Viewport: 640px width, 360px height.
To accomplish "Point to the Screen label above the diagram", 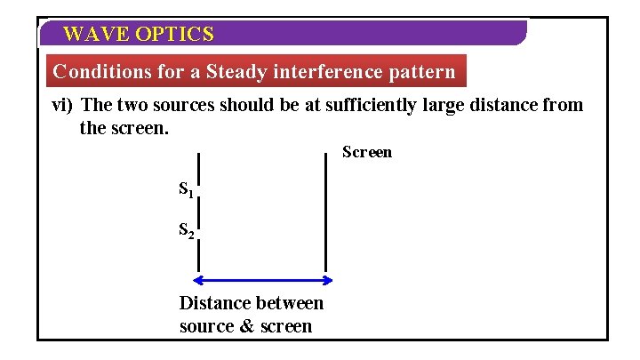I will [x=367, y=152].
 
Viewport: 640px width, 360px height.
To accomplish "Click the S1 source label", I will [x=186, y=189].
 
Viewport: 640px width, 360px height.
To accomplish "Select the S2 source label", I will [x=187, y=231].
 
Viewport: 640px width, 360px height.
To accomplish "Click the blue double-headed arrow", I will [x=262, y=281].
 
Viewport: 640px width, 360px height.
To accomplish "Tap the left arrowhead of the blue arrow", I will [x=198, y=281].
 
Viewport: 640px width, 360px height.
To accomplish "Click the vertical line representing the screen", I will [x=326, y=213].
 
